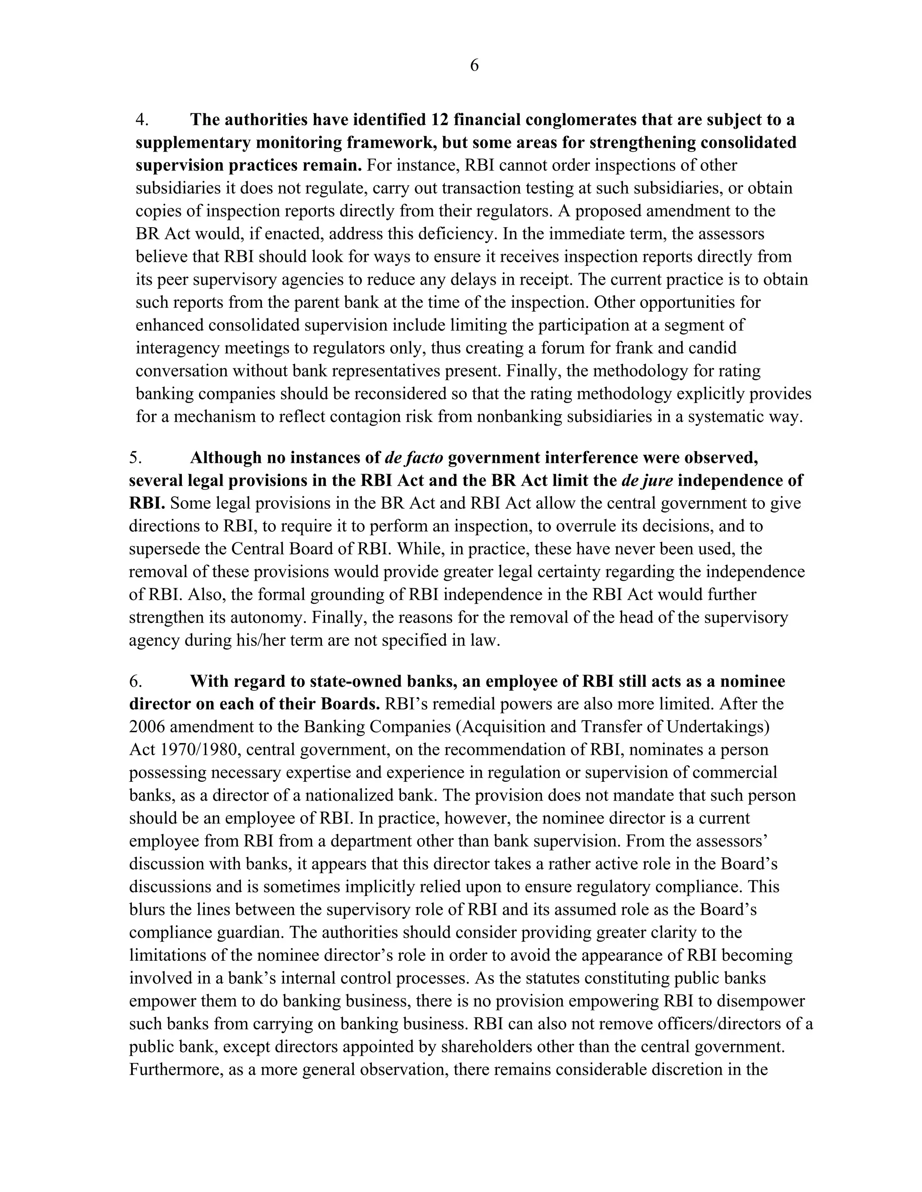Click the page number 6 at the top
pos(474,66)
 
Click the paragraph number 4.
pos(141,120)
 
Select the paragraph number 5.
pos(135,457)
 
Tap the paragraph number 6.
pos(135,681)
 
